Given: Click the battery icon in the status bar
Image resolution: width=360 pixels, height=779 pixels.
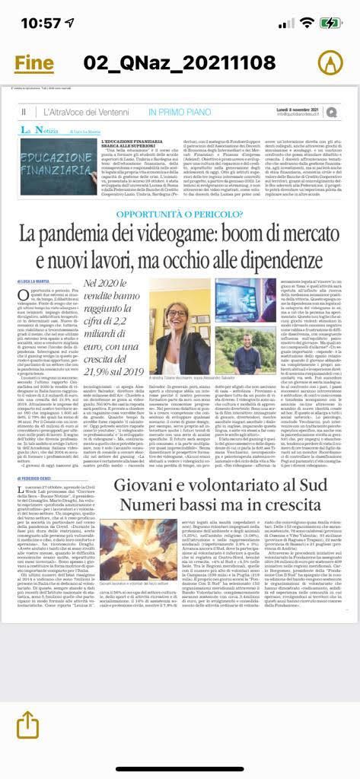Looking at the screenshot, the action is (x=329, y=23).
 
